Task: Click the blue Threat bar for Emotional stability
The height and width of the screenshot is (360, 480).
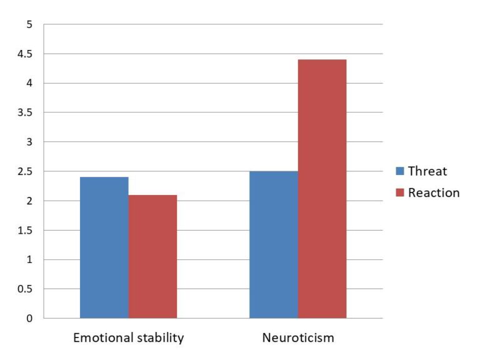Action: (104, 247)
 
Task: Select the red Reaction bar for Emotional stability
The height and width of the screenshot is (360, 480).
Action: (152, 256)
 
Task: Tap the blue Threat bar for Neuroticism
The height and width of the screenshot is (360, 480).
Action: (274, 244)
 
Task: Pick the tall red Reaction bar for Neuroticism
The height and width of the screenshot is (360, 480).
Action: (322, 189)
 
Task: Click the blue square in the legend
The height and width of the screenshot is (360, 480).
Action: (400, 171)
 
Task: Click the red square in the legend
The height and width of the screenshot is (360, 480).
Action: (400, 192)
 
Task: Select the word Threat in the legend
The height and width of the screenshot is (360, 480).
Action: (427, 171)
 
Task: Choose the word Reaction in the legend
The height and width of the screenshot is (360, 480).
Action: (434, 192)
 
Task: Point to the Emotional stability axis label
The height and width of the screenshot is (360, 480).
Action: (129, 338)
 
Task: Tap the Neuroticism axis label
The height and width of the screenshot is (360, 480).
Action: (298, 338)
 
